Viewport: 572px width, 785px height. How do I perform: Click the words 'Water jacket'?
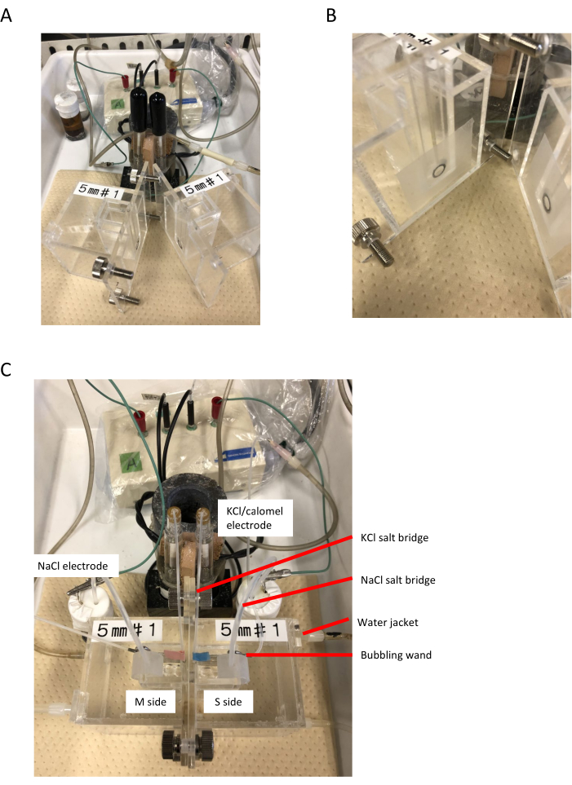pos(384,623)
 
